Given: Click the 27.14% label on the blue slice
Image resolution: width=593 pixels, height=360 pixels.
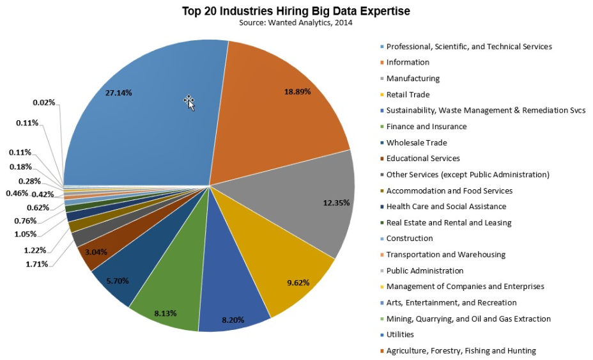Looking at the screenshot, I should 118,93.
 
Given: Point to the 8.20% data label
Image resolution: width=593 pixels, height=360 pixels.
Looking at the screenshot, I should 233,319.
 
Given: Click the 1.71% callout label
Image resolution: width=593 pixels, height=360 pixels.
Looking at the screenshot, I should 36,264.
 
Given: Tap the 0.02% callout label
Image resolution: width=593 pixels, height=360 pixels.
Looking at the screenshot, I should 43,102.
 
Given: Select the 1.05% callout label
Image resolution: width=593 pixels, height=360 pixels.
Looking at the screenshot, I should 26,234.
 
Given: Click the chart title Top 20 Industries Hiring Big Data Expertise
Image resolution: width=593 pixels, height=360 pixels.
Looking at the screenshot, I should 296,11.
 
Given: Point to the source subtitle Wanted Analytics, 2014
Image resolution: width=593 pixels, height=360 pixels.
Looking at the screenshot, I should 296,23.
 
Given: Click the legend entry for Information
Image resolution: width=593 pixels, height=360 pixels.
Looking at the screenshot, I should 408,63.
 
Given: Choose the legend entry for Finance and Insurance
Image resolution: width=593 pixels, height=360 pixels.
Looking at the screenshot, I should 426,127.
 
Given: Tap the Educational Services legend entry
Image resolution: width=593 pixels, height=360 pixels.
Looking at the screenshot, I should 422,159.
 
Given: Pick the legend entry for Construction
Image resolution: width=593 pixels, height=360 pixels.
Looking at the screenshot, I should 410,239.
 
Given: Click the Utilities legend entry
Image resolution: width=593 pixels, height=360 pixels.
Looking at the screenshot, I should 400,334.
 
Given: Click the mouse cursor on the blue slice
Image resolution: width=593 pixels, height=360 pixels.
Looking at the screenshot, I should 189,102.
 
